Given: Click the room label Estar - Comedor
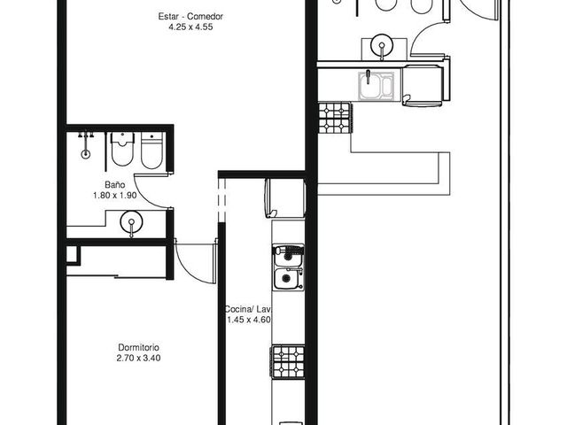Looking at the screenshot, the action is coord(190,16).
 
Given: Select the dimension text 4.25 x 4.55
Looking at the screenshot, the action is coord(190,27).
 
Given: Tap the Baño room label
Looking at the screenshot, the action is coord(115,185).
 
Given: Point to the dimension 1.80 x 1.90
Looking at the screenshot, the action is coord(115,196).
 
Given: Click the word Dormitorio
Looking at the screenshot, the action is coord(138,347).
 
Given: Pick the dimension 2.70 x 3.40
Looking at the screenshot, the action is coord(138,358).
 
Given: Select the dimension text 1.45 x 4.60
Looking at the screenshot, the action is coord(249,320).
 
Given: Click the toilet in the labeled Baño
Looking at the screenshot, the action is coord(122,149).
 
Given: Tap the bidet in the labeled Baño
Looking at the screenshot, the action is coord(151,151).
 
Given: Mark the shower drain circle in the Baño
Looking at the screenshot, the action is coord(85,154).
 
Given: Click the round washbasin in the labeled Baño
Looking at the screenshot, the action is coord(131,222).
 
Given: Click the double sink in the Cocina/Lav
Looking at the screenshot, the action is coord(288,267).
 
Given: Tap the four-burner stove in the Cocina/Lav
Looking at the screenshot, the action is coord(288,362).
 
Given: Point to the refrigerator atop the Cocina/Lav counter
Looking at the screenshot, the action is coord(285,197).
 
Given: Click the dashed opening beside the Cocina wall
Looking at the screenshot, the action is coord(222,200).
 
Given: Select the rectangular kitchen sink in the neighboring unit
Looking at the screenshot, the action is coord(376,86).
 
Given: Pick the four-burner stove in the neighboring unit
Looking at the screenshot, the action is coord(335,118).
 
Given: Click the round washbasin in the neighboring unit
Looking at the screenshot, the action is coord(382,45).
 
